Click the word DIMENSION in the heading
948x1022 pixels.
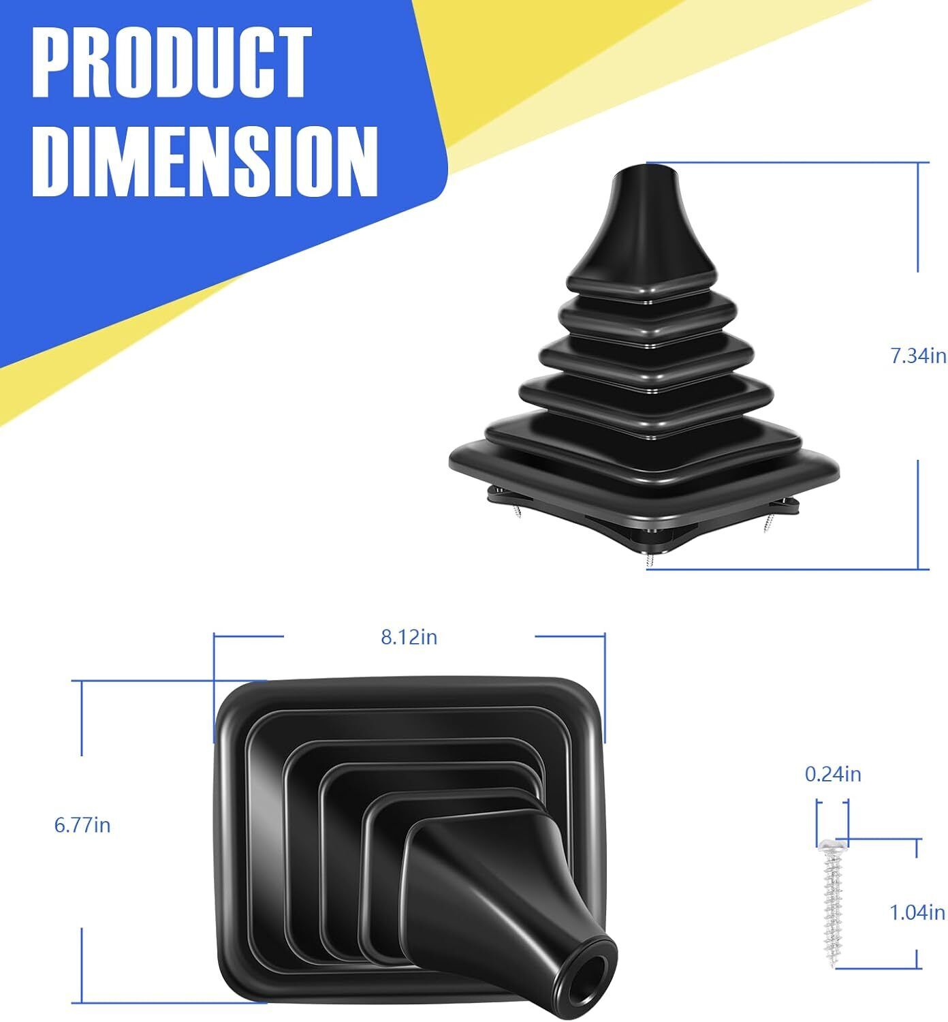[204, 161]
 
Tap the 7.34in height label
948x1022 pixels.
[918, 356]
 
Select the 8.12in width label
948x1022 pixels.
[409, 637]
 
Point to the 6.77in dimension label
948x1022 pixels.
[82, 825]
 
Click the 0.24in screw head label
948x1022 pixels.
[832, 774]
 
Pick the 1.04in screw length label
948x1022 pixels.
[917, 912]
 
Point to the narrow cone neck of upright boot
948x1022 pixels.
[644, 218]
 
